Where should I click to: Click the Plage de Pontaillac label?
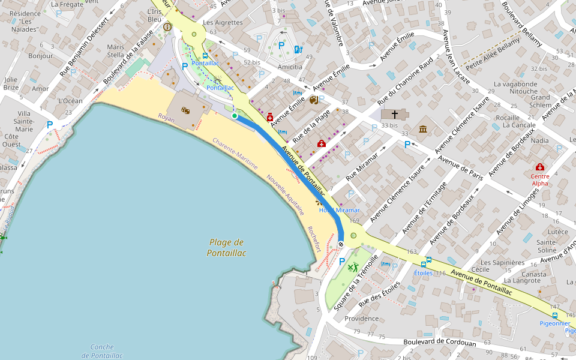pos(227,247)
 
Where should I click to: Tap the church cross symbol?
pos(395,113)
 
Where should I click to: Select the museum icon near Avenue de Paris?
pos(423,129)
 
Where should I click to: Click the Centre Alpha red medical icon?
pos(540,167)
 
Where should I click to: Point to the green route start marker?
pos(235,115)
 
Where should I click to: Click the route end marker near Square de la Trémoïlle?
pos(341,244)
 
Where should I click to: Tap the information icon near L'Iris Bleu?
pos(167,27)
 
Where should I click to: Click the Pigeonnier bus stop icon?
pos(555,315)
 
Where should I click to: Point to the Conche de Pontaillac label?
pos(102,351)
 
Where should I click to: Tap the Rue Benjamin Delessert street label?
pos(84,47)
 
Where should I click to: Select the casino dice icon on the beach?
pos(186,110)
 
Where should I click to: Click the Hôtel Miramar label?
pos(339,210)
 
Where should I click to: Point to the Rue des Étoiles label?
pos(379,293)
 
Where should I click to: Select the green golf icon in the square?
pos(353,267)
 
